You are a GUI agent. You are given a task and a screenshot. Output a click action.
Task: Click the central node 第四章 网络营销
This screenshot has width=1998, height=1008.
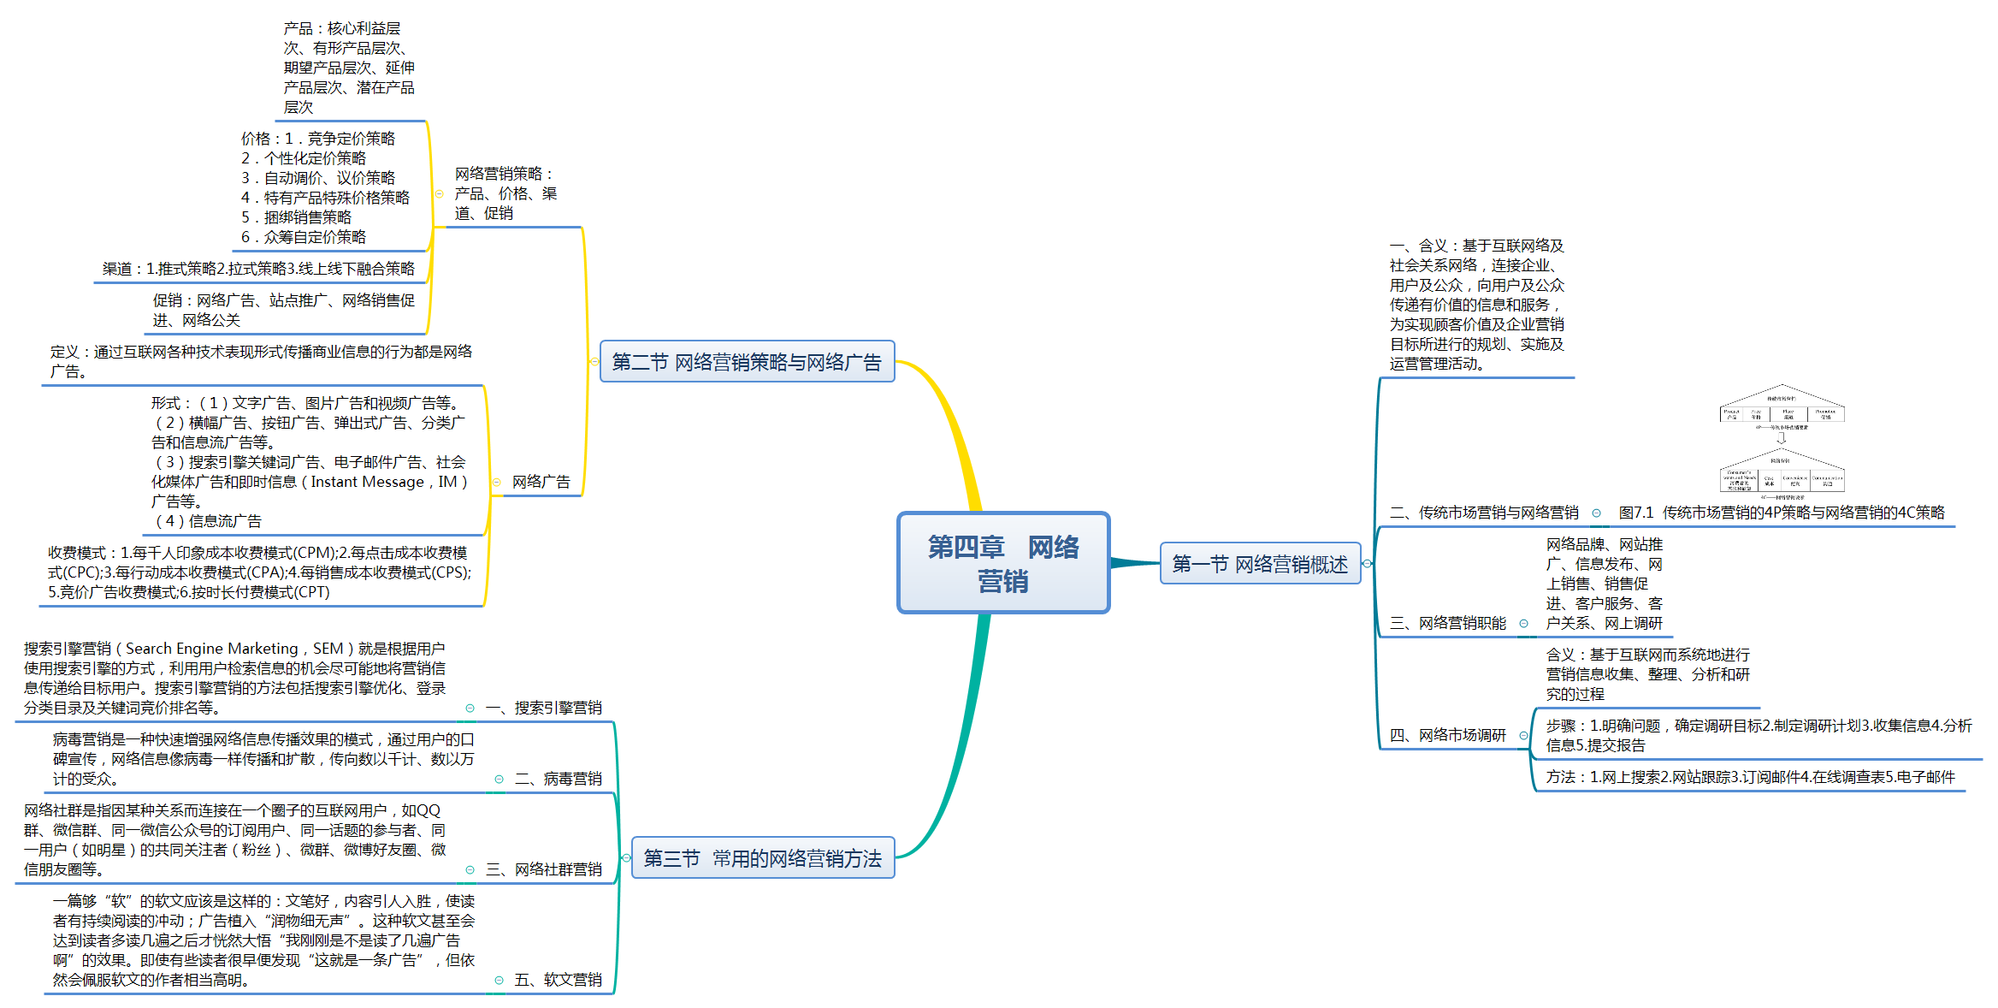[x=1003, y=563]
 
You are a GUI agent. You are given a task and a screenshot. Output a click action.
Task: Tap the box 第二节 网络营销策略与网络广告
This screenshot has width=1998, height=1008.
[x=747, y=362]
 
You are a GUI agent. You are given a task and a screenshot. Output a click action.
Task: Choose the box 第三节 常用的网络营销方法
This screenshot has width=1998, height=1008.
[x=762, y=858]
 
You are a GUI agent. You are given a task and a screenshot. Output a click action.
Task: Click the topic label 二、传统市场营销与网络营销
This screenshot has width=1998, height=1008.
[x=1484, y=513]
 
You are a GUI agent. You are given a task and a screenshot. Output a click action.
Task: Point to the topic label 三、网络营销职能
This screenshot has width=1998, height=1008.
[x=1448, y=623]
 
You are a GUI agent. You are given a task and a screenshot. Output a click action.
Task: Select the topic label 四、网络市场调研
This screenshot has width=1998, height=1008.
[x=1448, y=735]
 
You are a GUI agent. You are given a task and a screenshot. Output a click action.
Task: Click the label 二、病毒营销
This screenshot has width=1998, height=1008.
[x=559, y=779]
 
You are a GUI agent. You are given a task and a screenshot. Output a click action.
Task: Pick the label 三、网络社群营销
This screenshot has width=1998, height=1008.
[x=544, y=869]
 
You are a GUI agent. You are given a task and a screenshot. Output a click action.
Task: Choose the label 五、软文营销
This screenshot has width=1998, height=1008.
[x=559, y=980]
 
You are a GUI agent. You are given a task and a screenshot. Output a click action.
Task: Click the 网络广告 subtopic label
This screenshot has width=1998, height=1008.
[x=541, y=482]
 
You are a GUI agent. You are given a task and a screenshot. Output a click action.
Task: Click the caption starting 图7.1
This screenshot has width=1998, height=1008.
[x=1782, y=513]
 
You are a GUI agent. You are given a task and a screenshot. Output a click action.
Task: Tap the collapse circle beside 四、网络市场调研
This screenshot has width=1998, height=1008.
[x=1523, y=735]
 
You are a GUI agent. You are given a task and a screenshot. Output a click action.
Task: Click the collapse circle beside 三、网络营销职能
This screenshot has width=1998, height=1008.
[x=1523, y=623]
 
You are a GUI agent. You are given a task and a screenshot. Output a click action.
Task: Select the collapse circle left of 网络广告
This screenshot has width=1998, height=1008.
[x=497, y=482]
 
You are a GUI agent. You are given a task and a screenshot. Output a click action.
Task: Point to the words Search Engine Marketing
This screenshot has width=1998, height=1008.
[x=212, y=649]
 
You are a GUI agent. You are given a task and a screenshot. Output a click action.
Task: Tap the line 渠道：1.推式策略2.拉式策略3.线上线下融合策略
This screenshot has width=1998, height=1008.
[x=258, y=269]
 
